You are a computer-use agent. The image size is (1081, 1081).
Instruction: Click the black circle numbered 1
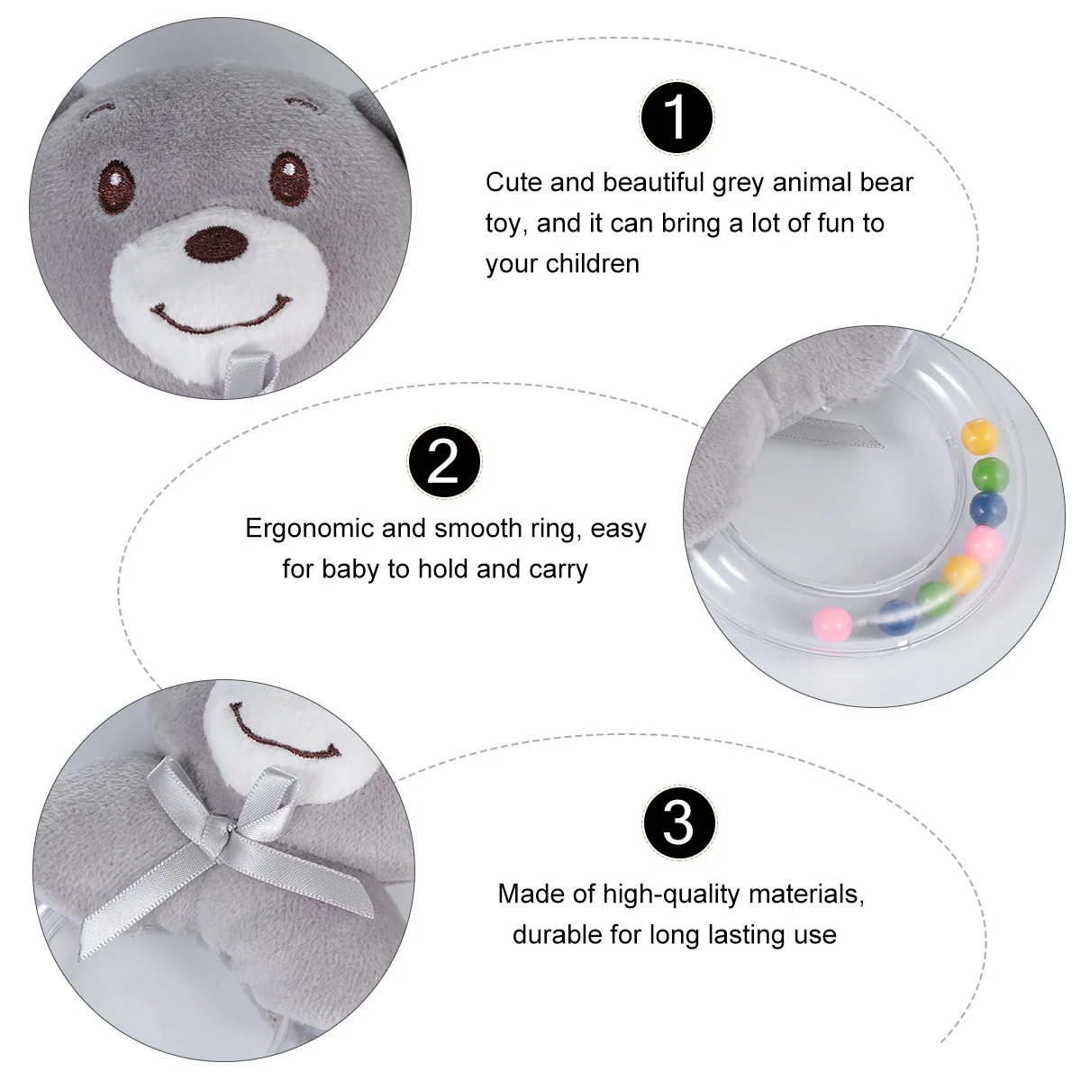click(677, 118)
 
